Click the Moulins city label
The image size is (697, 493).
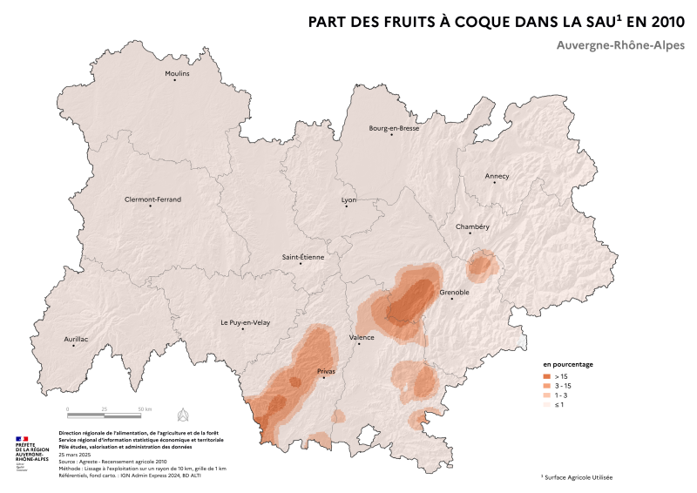177,74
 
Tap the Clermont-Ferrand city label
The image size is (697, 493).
152,199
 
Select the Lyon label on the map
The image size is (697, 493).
348,199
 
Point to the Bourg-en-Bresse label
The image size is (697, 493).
394,128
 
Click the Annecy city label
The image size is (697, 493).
497,176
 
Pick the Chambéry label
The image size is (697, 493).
472,226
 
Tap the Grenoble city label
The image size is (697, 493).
454,293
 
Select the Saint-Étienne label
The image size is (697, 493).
302,257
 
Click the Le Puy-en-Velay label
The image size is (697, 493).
245,323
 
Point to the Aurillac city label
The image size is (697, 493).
76,339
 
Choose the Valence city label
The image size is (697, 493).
361,337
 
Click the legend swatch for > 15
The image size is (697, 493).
548,375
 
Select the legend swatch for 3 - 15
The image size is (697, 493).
548,385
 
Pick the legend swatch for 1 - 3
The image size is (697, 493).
548,395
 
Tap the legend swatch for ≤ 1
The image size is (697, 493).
548,404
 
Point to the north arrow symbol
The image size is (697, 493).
183,412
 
